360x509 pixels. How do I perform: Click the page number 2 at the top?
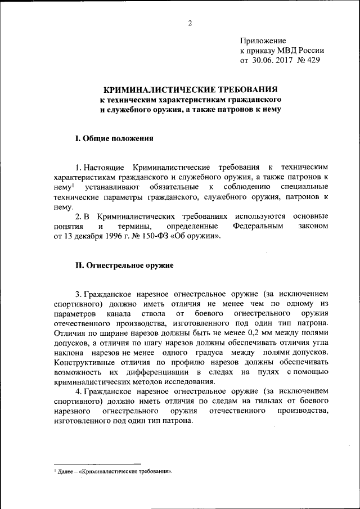190,22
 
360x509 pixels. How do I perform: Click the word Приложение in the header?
263,40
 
